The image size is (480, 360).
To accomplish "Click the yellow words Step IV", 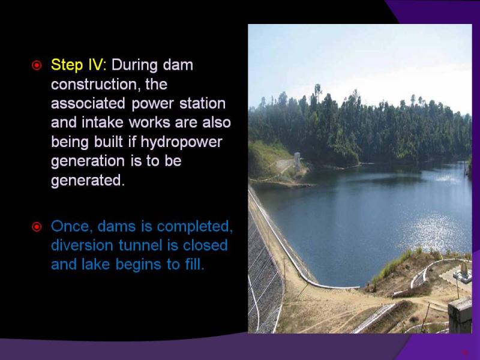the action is point(77,65).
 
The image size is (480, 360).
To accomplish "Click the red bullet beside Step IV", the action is point(37,65).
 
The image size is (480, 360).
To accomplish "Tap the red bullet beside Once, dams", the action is point(37,227).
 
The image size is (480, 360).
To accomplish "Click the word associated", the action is point(88,103).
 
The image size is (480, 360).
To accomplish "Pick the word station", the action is point(202,103).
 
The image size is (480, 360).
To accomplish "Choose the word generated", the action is point(88,181).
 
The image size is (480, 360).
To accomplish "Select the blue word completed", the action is point(194,227).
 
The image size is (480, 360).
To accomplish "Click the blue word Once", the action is point(72,227).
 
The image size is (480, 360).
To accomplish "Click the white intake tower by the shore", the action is point(297,161).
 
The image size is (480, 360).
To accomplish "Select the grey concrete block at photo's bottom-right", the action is point(460,316).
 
